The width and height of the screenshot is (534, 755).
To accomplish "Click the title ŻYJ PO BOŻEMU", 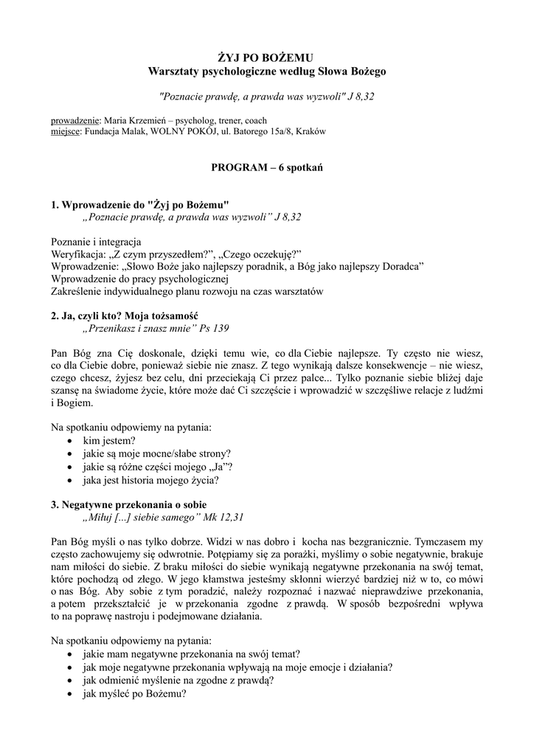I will (266, 57).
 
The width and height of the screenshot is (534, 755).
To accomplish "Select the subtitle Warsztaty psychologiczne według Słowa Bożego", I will (266, 71).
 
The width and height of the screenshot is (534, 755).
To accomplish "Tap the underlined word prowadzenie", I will (75, 120).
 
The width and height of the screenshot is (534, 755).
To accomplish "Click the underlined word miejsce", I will (66, 131).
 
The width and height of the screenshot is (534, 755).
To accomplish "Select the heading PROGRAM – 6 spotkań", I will (266, 167).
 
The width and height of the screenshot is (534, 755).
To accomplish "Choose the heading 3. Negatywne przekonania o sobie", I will (128, 504).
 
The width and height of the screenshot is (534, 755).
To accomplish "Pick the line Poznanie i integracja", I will (96, 242).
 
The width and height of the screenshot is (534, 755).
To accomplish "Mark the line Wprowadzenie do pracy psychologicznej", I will (141, 279).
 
